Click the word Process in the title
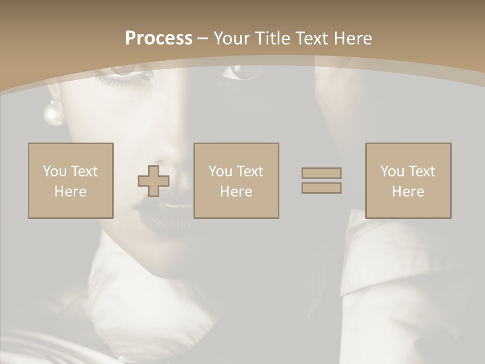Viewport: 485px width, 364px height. (x=159, y=38)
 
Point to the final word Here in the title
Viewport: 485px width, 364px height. (x=354, y=38)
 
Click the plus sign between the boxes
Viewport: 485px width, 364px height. (x=154, y=180)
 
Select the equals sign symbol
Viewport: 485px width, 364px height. (x=321, y=180)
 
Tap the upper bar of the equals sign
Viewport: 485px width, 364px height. (x=321, y=173)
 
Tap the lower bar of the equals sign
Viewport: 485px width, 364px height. (x=321, y=188)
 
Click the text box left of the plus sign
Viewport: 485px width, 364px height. (x=71, y=180)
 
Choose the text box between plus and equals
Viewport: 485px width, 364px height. (x=236, y=180)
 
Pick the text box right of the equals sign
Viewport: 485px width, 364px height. (x=408, y=180)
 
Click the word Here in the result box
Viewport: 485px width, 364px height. (x=408, y=192)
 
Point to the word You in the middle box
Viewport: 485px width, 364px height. (x=220, y=171)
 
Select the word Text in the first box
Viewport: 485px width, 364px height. (x=83, y=171)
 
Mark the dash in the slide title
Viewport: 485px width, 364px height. (x=203, y=39)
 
